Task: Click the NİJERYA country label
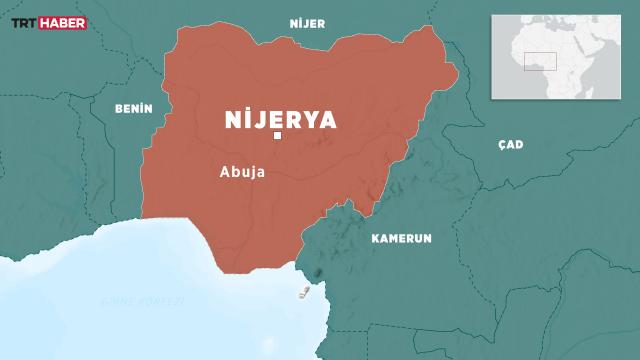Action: pyautogui.click(x=279, y=120)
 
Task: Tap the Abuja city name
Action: pyautogui.click(x=242, y=171)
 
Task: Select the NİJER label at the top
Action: pyautogui.click(x=306, y=22)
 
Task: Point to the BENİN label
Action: pyautogui.click(x=133, y=108)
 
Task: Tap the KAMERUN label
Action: pyautogui.click(x=401, y=239)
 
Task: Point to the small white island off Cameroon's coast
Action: pyautogui.click(x=302, y=292)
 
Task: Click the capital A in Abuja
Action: pyautogui.click(x=224, y=171)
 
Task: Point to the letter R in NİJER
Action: pyautogui.click(x=322, y=22)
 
